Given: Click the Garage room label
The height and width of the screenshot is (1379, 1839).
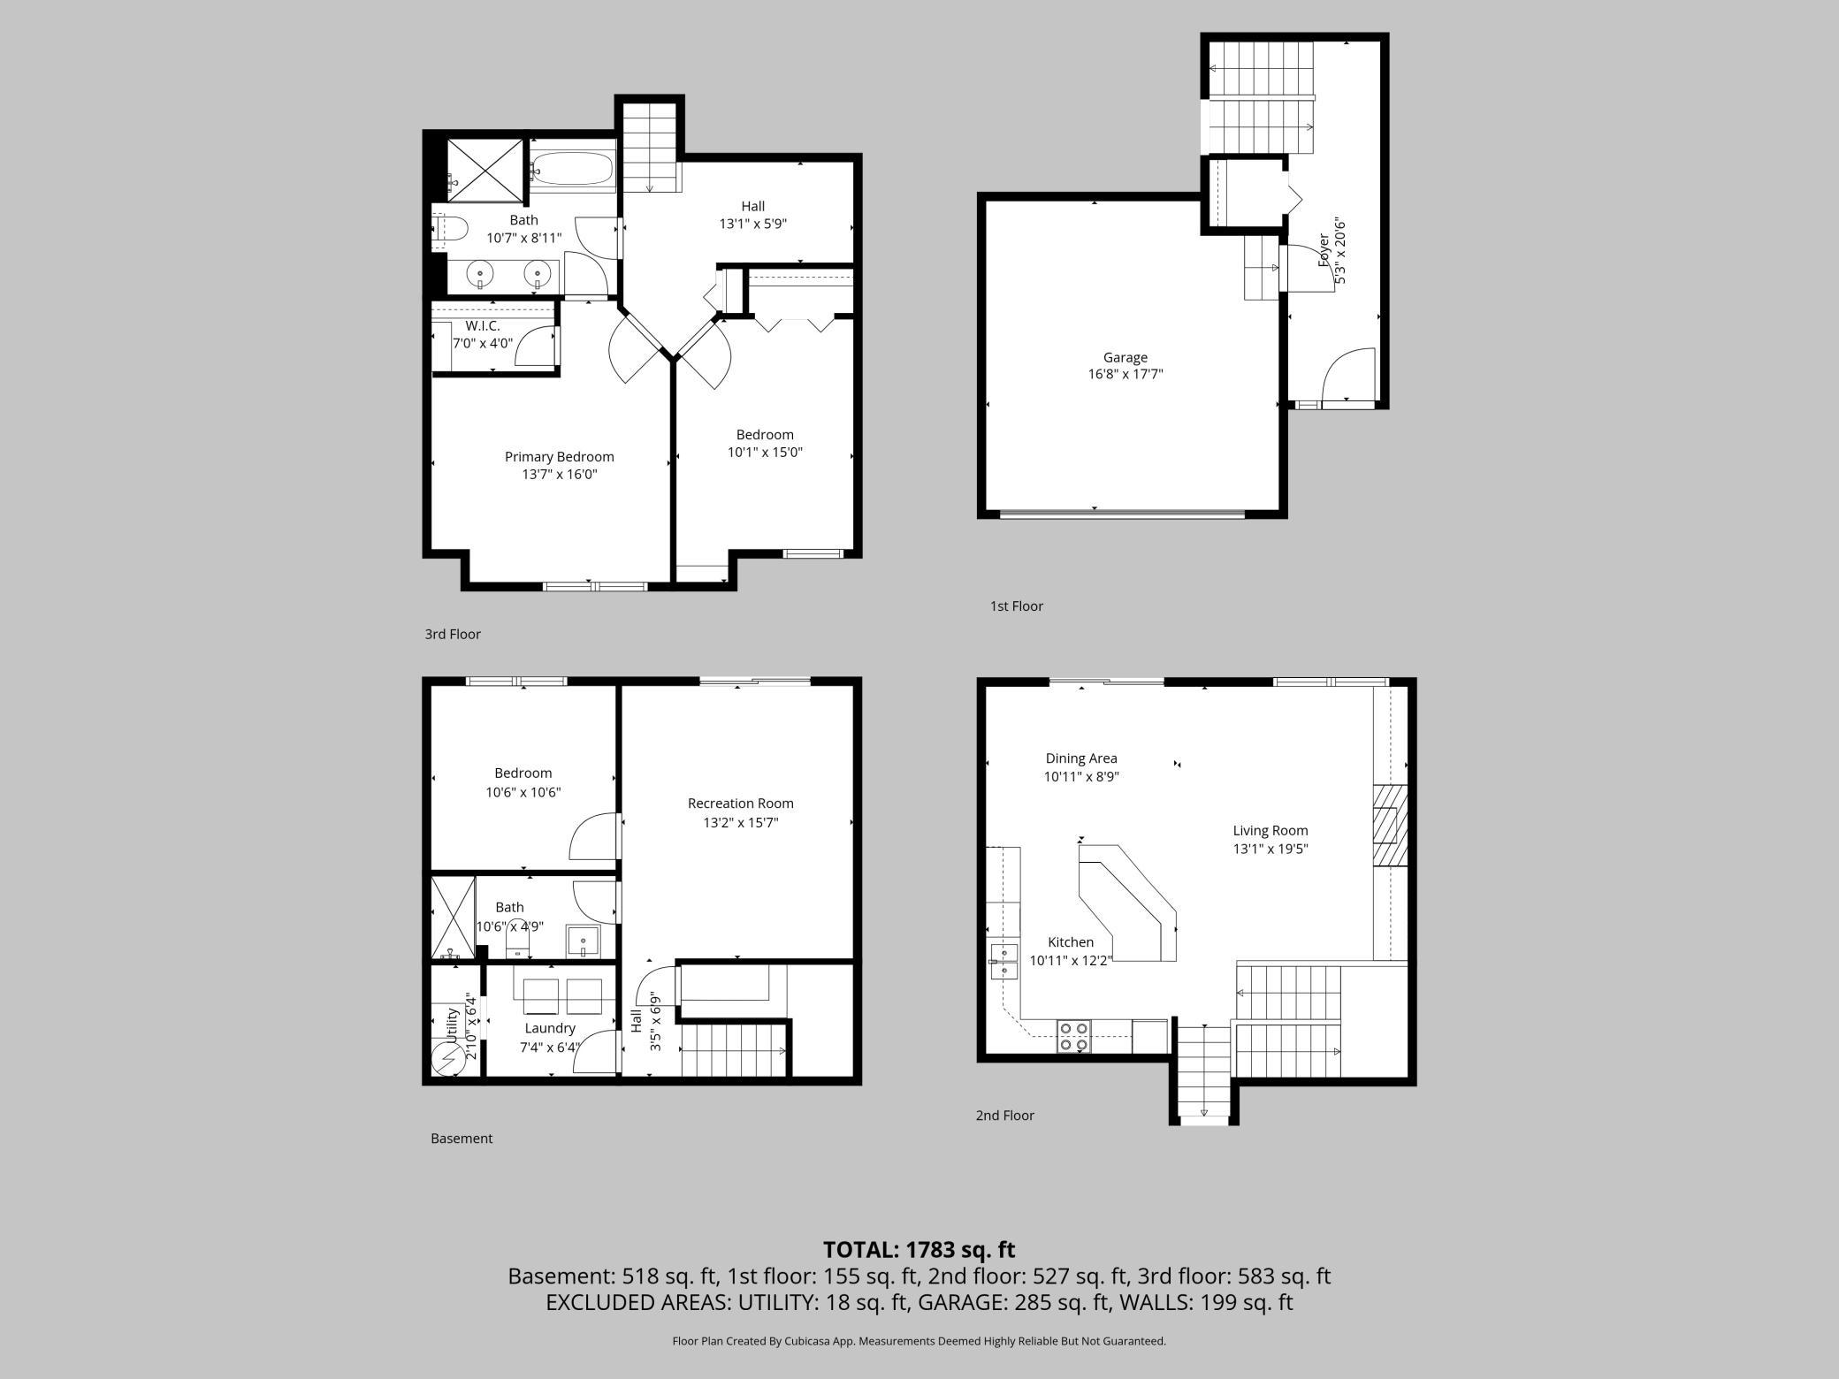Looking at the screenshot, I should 1125,357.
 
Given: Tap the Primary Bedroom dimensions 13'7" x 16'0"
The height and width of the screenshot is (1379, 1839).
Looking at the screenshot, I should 559,475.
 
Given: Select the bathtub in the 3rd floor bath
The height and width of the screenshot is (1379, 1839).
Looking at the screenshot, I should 572,168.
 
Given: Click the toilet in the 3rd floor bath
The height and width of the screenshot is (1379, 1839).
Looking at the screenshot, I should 451,229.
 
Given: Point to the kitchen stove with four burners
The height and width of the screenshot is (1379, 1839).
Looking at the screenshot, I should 1074,1037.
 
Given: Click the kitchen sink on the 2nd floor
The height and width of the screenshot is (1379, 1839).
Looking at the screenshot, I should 1003,961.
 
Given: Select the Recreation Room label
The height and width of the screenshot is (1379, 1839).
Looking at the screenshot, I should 740,804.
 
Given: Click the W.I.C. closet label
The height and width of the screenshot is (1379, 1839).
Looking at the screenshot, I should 483,326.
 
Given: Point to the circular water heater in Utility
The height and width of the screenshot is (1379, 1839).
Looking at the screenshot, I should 445,1057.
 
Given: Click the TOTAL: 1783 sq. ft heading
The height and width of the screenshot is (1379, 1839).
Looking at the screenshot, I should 919,1250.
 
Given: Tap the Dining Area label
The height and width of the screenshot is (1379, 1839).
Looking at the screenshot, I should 1080,758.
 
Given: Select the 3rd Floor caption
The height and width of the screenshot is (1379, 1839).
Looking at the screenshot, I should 453,634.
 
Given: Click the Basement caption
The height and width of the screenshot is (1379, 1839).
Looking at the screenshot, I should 461,1139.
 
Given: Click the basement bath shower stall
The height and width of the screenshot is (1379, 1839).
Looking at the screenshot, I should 453,918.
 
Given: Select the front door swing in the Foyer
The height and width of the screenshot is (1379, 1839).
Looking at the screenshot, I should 1349,375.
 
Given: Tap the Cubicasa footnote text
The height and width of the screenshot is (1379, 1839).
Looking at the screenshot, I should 919,1341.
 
